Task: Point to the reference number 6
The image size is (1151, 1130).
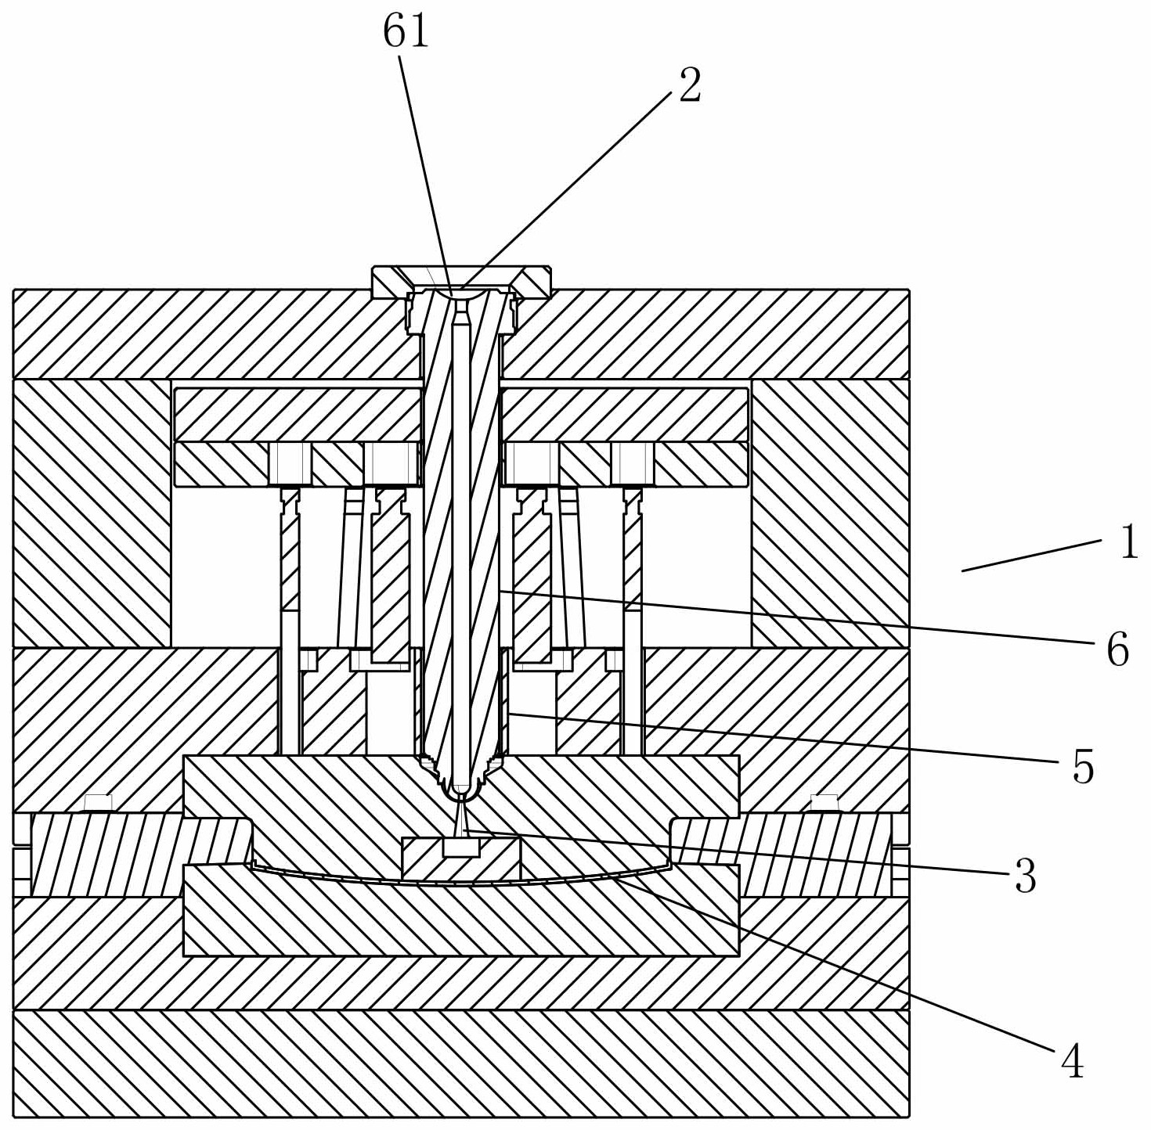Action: tap(1117, 650)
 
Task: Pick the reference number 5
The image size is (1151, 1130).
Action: tap(1084, 767)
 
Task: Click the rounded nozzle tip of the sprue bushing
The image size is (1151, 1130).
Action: tap(460, 792)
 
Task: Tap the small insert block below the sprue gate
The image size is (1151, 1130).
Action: tap(461, 858)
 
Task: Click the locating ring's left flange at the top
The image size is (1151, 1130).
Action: tap(391, 282)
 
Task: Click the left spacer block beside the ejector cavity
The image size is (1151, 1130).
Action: tap(92, 513)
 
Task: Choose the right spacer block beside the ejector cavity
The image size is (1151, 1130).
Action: tap(830, 513)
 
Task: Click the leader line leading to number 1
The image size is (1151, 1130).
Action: tap(1031, 555)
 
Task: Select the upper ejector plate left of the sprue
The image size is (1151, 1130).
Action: tap(298, 415)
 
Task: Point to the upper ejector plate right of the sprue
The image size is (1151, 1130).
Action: tap(625, 415)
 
